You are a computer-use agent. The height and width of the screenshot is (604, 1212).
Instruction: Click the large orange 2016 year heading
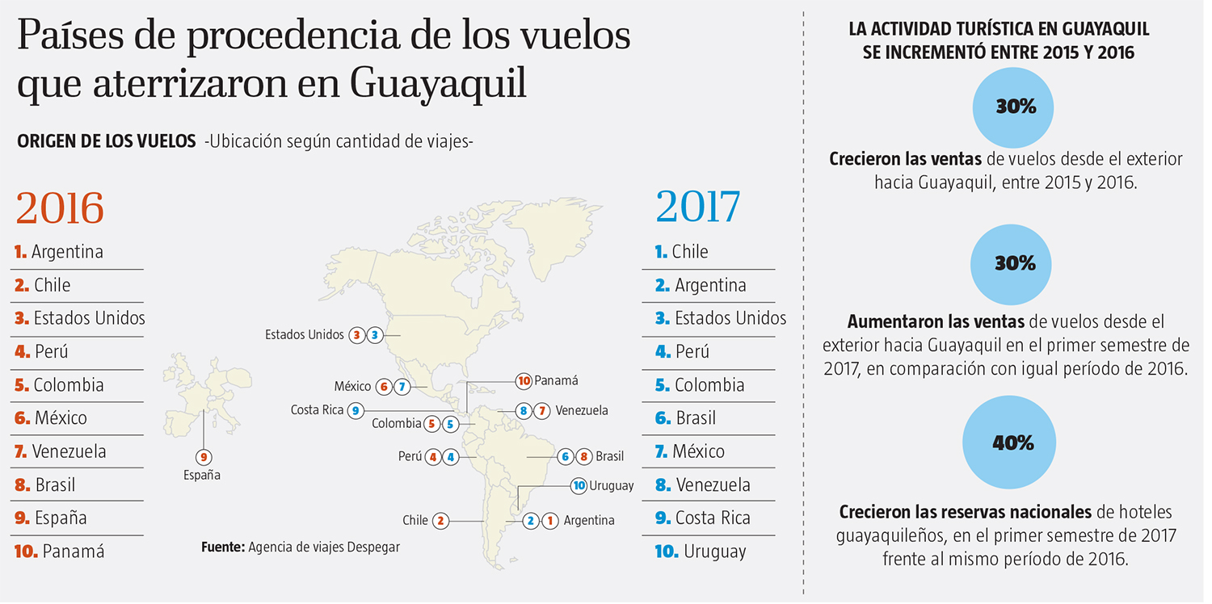pyautogui.click(x=60, y=208)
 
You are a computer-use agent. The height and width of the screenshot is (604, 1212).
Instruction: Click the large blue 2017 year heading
pyautogui.click(x=697, y=208)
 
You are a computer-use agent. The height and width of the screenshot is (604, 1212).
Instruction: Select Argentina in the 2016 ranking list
pyautogui.click(x=67, y=252)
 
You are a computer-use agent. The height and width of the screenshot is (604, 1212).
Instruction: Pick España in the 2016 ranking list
pyautogui.click(x=61, y=518)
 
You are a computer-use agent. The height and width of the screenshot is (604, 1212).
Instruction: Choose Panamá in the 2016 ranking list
pyautogui.click(x=74, y=552)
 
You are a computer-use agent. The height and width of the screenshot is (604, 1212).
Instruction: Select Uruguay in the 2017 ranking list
pyautogui.click(x=714, y=552)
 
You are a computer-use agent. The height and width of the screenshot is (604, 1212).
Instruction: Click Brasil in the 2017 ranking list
pyautogui.click(x=695, y=418)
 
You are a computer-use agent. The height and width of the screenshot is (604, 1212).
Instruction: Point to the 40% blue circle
pyautogui.click(x=1014, y=443)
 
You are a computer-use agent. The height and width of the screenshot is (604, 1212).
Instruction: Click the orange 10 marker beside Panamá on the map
pyautogui.click(x=524, y=380)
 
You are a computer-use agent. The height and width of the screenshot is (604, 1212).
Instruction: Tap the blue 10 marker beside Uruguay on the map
pyautogui.click(x=579, y=486)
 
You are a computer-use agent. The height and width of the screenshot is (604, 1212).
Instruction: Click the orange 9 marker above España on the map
pyautogui.click(x=204, y=456)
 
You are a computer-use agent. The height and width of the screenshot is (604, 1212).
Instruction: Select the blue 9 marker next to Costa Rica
pyautogui.click(x=356, y=410)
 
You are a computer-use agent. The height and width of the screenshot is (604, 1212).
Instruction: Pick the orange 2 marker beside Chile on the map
pyautogui.click(x=440, y=521)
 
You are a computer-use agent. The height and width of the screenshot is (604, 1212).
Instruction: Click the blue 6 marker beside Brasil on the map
pyautogui.click(x=566, y=456)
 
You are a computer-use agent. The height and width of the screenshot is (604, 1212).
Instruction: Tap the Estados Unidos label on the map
pyautogui.click(x=304, y=334)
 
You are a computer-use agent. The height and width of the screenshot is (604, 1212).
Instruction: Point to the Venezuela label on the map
pyautogui.click(x=582, y=410)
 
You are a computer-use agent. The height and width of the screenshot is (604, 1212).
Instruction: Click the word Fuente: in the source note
pyautogui.click(x=223, y=547)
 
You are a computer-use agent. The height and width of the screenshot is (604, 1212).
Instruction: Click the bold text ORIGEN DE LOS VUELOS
pyautogui.click(x=107, y=141)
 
